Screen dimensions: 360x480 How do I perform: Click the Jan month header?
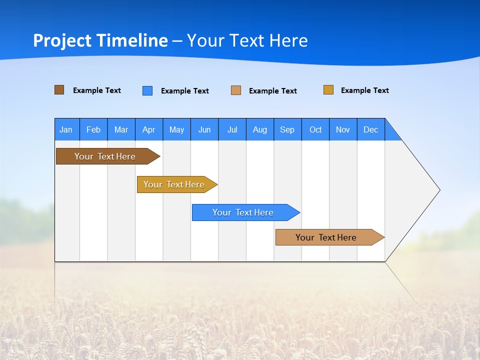[66, 129]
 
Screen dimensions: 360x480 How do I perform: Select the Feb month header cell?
[93, 129]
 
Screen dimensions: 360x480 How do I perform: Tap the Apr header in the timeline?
[149, 129]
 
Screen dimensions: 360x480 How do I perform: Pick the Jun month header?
[204, 129]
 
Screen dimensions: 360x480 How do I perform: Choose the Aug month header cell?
[260, 129]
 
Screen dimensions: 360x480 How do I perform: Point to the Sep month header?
[287, 129]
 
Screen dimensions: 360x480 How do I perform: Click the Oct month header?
[315, 129]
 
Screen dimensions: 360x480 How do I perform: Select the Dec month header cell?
[371, 129]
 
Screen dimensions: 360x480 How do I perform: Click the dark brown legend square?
[59, 90]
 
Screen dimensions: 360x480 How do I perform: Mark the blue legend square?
[147, 90]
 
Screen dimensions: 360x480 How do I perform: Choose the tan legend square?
[236, 90]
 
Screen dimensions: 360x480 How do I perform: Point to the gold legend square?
[328, 90]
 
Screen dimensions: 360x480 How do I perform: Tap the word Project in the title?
[62, 40]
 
